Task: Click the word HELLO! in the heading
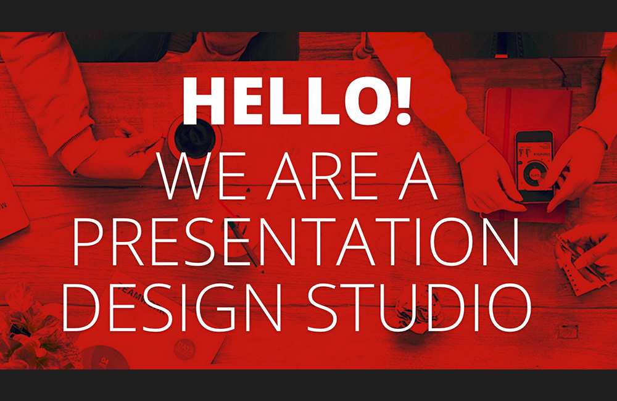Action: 297,101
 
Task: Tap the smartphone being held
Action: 534,166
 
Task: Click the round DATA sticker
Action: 185,349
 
